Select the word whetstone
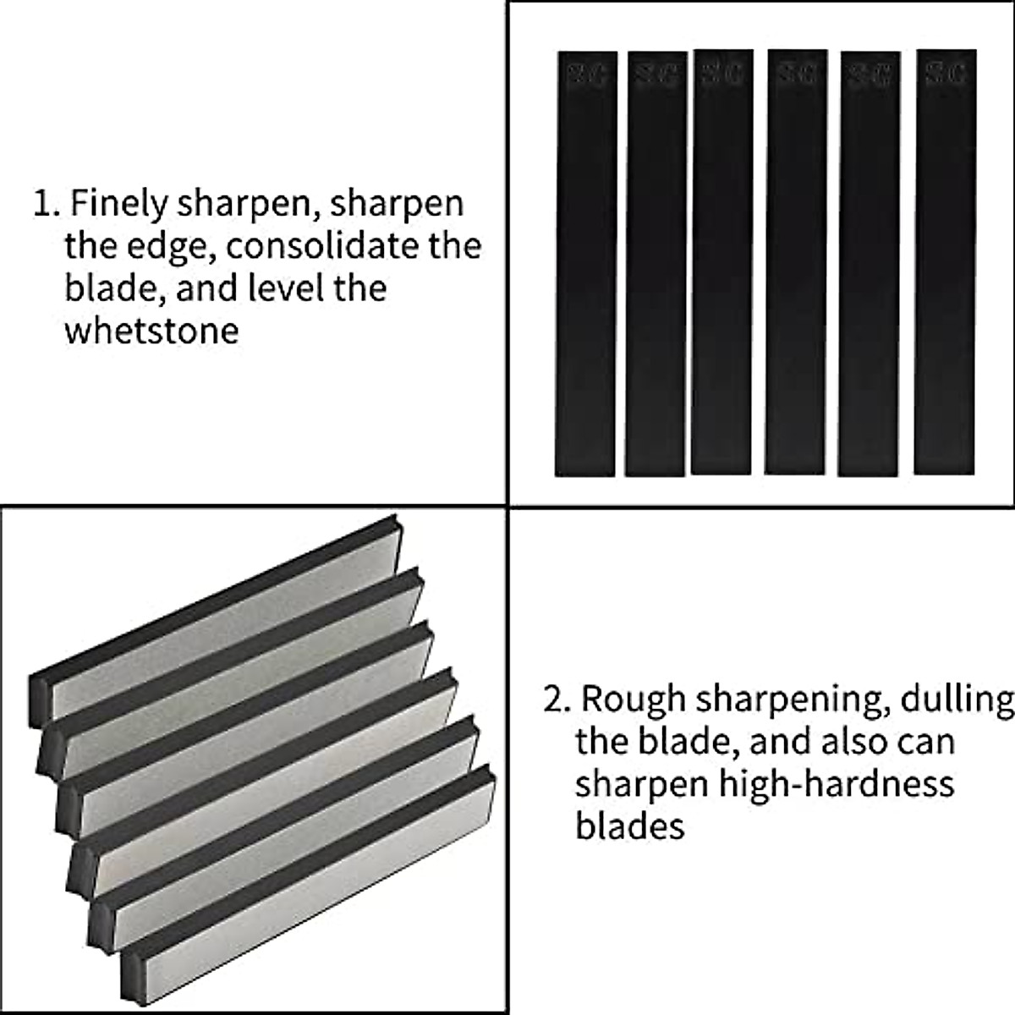click(151, 330)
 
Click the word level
click(293, 288)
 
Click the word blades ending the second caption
click(629, 825)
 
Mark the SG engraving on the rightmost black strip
click(946, 73)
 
